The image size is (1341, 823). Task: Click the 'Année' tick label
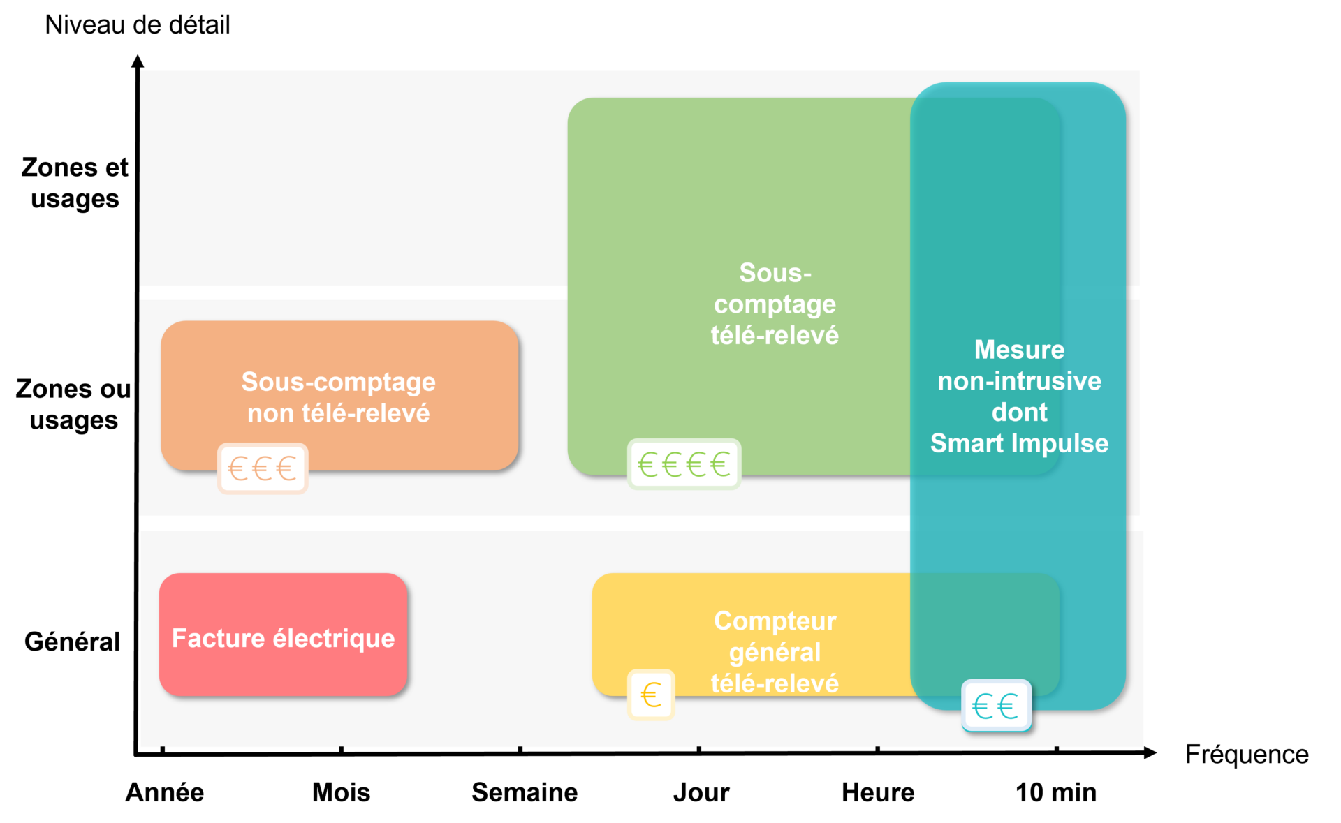click(165, 792)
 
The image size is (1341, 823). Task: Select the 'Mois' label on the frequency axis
click(341, 792)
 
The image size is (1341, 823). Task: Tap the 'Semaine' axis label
click(525, 792)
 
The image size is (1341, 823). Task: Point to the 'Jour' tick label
click(701, 793)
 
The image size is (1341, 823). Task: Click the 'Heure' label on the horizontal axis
click(878, 792)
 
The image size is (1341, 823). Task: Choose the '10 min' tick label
click(1056, 792)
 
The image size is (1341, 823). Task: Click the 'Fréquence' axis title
click(1247, 755)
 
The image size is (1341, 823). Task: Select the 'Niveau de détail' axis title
click(138, 24)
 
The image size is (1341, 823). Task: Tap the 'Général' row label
click(72, 642)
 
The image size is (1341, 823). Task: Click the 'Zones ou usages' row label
click(73, 405)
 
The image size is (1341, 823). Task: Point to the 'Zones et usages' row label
click(75, 183)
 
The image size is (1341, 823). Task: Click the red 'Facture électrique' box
click(284, 635)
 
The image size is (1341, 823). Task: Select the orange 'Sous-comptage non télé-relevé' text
click(339, 397)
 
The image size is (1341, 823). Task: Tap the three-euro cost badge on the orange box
click(263, 468)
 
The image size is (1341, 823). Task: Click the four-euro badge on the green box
click(684, 464)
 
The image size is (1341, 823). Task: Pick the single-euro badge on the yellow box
click(651, 695)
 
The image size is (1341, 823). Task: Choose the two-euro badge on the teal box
click(997, 706)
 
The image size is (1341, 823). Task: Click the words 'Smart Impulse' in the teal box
click(1019, 443)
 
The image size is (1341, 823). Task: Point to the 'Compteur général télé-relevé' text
click(775, 652)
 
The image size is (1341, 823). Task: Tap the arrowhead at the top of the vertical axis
click(138, 61)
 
